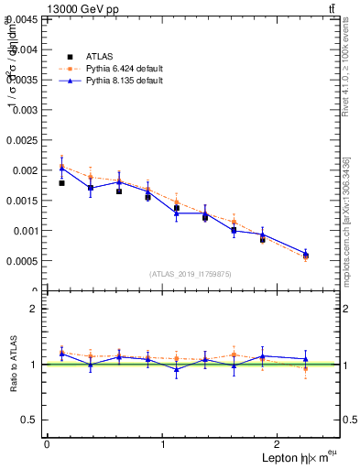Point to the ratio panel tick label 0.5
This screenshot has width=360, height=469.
tap(30, 420)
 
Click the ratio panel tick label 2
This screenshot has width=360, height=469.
tap(35, 309)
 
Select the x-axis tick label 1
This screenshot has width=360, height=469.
tap(163, 443)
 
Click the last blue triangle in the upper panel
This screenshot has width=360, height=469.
tap(306, 253)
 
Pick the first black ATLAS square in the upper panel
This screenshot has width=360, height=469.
tap(61, 183)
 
